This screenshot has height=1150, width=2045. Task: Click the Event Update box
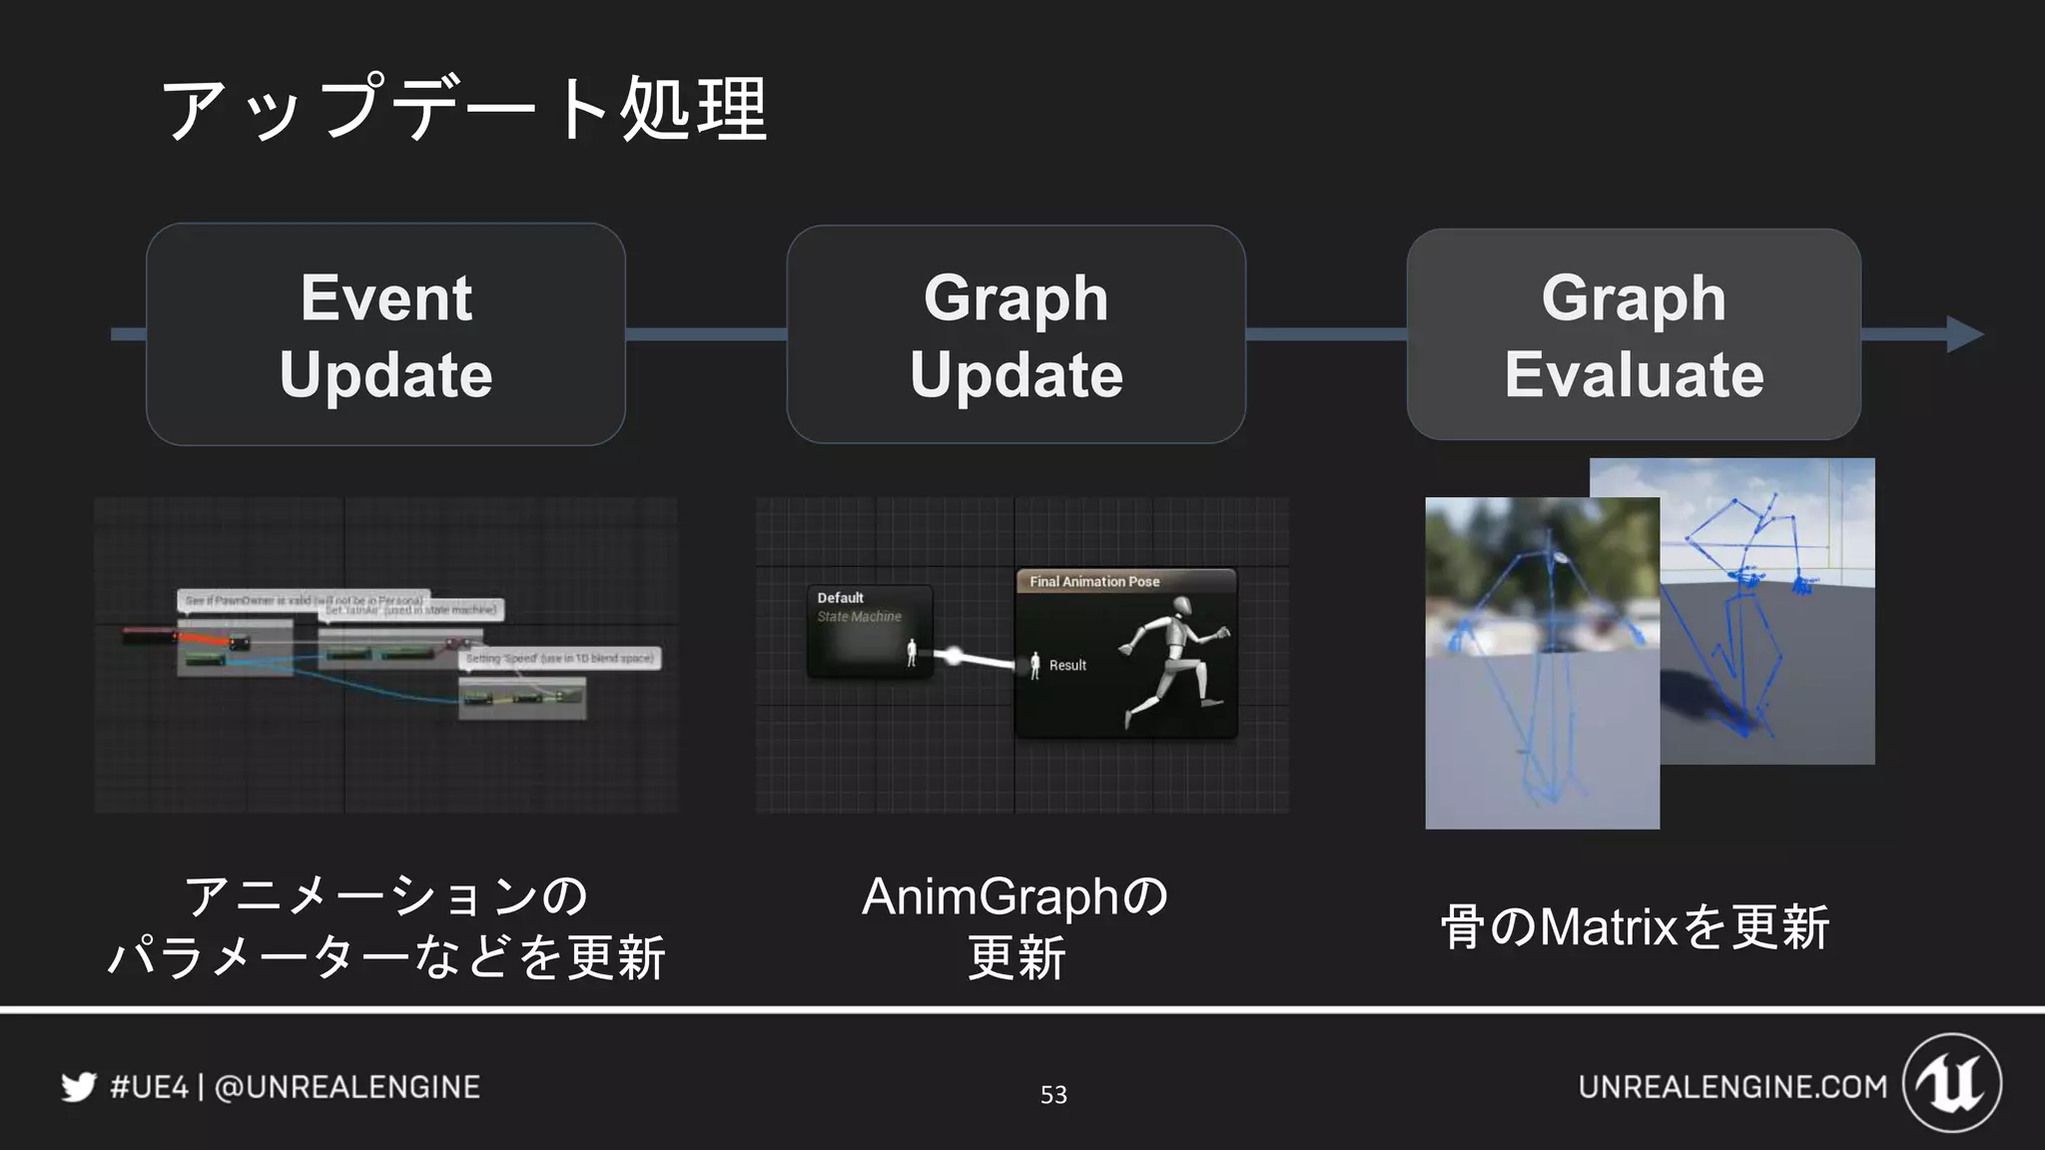[x=385, y=334]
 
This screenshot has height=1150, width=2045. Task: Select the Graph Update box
[x=1016, y=334]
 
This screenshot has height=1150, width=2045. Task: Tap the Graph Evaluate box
[x=1634, y=334]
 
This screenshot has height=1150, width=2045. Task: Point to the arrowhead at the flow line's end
[x=1964, y=334]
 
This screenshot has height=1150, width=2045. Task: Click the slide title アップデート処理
[x=464, y=108]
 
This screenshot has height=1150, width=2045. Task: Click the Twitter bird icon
[x=79, y=1086]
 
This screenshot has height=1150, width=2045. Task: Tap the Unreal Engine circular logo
[x=1952, y=1083]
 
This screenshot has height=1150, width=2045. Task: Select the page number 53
[x=1053, y=1095]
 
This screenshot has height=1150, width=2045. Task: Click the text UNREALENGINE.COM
[x=1732, y=1086]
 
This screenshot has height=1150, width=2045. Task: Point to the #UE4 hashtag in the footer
[x=149, y=1086]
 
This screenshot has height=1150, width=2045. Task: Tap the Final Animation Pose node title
[x=1094, y=581]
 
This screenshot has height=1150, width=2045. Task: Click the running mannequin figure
[x=1176, y=659]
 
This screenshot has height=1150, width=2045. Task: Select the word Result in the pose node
[x=1067, y=665]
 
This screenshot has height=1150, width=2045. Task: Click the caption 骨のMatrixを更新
[x=1634, y=926]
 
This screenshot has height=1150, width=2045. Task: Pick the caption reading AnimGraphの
[x=1015, y=895]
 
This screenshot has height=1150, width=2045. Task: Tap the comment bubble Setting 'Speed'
[x=559, y=659]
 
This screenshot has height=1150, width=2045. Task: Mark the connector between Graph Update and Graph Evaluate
[x=1326, y=334]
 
